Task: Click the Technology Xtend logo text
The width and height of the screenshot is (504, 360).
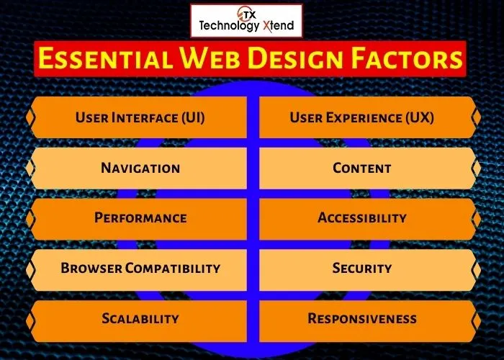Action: click(x=246, y=26)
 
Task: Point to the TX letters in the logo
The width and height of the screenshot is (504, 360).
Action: click(x=247, y=13)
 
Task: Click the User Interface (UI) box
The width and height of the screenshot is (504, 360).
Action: click(x=140, y=117)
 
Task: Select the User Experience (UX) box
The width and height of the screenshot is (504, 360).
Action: click(x=362, y=117)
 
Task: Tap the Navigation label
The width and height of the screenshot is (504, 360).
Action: click(x=140, y=168)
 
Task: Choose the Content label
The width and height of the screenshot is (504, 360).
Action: click(x=362, y=168)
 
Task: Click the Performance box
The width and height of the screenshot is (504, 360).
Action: click(x=140, y=218)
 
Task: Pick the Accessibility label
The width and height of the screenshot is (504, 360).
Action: click(x=362, y=218)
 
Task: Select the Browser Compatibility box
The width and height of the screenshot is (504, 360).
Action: click(x=140, y=269)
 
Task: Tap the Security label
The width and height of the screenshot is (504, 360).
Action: click(x=362, y=269)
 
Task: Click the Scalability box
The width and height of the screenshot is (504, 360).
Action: click(x=140, y=318)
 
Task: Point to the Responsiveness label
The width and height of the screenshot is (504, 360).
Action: click(x=362, y=318)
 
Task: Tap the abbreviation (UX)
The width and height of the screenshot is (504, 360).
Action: click(x=418, y=117)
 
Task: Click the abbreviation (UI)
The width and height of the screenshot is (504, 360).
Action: click(x=192, y=117)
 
